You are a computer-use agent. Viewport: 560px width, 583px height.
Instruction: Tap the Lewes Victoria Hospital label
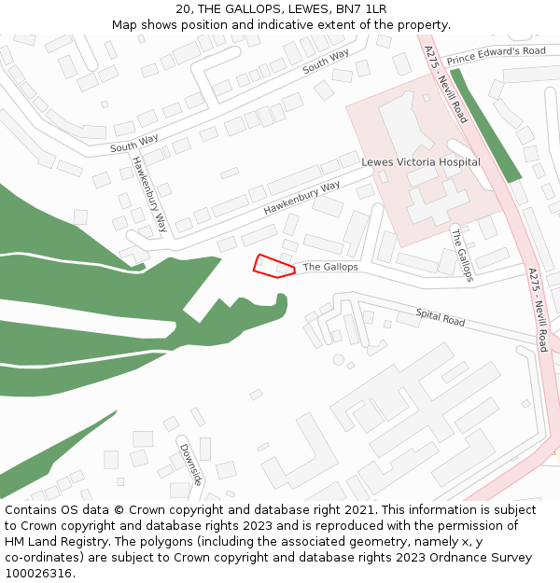pyautogui.click(x=421, y=162)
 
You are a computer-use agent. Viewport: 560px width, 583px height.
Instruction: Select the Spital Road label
pyautogui.click(x=441, y=318)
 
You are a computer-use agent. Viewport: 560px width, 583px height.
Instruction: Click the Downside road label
pyautogui.click(x=190, y=464)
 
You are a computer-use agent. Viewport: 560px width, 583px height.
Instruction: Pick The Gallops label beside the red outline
pyautogui.click(x=330, y=267)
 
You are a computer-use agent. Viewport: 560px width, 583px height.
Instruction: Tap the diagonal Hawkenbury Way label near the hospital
pyautogui.click(x=301, y=199)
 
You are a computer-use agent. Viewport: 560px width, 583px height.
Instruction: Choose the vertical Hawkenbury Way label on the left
pyautogui.click(x=149, y=193)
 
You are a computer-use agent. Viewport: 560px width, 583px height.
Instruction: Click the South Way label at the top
pyautogui.click(x=326, y=62)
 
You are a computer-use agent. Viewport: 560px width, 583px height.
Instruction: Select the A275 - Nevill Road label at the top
pyautogui.click(x=445, y=84)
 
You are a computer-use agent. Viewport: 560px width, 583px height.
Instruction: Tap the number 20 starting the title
pyautogui.click(x=183, y=9)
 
